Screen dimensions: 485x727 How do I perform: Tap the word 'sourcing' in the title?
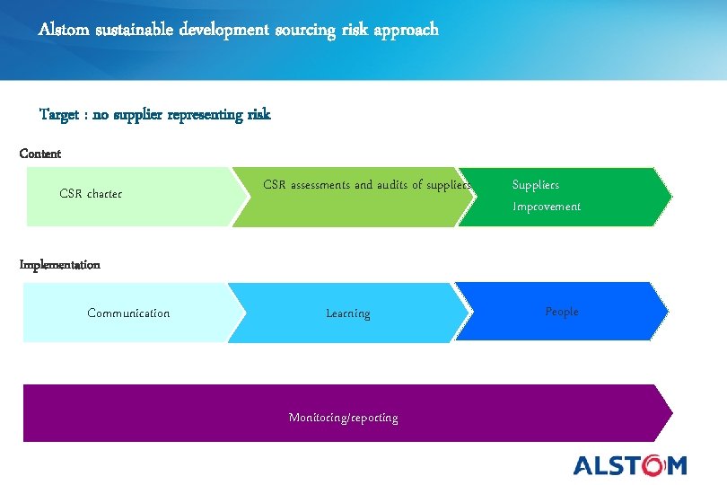(x=302, y=30)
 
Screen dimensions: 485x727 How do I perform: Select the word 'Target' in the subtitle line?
(x=59, y=114)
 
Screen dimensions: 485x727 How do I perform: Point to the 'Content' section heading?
(x=40, y=154)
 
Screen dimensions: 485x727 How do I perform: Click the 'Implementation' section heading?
(x=60, y=265)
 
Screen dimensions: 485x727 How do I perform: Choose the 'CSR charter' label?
(x=91, y=194)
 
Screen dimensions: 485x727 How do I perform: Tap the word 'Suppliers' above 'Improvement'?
(x=536, y=185)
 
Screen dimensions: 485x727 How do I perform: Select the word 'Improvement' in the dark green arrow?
(x=547, y=207)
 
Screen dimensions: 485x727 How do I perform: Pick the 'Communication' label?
(x=128, y=313)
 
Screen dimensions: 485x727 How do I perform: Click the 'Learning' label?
(x=348, y=313)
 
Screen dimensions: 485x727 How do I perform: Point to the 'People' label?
(x=562, y=312)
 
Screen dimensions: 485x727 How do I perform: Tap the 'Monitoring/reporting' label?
(x=344, y=418)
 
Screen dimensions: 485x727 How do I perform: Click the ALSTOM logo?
(x=630, y=464)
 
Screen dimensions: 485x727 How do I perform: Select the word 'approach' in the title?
(x=408, y=30)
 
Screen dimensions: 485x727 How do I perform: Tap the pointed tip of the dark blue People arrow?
(x=667, y=312)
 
